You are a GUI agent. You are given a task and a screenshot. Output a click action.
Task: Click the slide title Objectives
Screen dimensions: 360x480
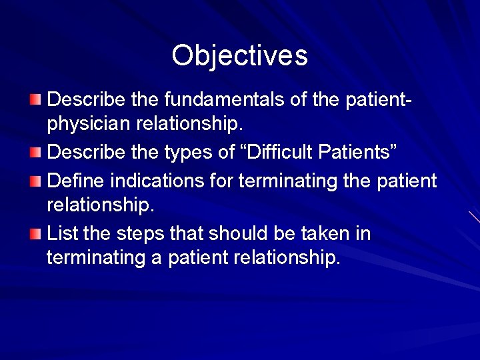click(x=239, y=55)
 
